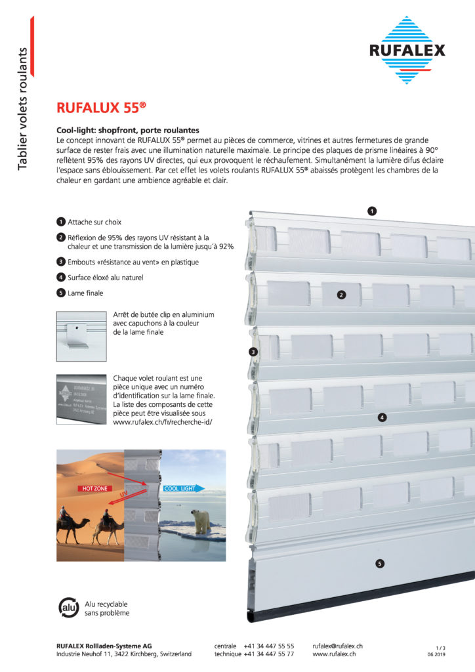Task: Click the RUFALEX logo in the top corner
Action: pyautogui.click(x=407, y=50)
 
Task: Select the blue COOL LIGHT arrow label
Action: pyautogui.click(x=183, y=488)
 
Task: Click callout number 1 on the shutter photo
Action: pyautogui.click(x=371, y=211)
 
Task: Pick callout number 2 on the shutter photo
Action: pyautogui.click(x=341, y=295)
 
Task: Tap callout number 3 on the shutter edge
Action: pyautogui.click(x=253, y=352)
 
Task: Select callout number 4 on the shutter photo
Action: pyautogui.click(x=382, y=417)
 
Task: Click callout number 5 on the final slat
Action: pyautogui.click(x=380, y=563)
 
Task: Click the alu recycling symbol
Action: pyautogui.click(x=68, y=607)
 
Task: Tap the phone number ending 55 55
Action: pyautogui.click(x=269, y=646)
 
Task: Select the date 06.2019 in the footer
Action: pyautogui.click(x=436, y=654)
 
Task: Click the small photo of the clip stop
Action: pyautogui.click(x=81, y=336)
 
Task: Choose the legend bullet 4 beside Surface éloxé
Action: pyautogui.click(x=61, y=278)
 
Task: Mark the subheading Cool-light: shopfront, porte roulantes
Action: pyautogui.click(x=128, y=131)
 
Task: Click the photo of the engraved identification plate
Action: pyautogui.click(x=81, y=399)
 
